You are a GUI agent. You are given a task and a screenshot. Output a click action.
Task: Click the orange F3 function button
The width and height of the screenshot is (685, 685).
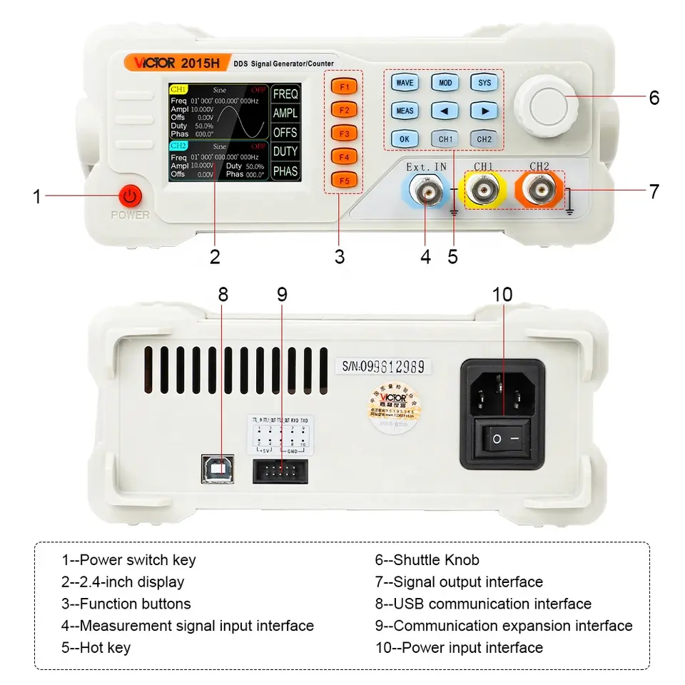(x=343, y=133)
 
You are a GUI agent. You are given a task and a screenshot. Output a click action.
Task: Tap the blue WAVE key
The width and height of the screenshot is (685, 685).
(x=405, y=83)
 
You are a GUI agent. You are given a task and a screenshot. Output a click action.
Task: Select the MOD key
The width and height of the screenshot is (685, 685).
(x=445, y=83)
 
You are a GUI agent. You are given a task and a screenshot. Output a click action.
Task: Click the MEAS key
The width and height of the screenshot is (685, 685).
(x=405, y=111)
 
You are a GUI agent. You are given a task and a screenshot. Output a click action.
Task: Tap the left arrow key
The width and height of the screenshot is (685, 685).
(x=445, y=111)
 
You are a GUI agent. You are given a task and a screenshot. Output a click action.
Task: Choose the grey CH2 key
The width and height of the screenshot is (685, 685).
(x=484, y=138)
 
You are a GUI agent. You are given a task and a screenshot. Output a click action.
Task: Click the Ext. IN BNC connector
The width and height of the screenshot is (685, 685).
(x=426, y=191)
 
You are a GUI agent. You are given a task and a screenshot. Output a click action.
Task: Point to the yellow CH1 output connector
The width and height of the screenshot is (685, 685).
(x=484, y=191)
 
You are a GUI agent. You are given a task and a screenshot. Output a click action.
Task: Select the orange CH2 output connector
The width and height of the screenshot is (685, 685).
(x=539, y=191)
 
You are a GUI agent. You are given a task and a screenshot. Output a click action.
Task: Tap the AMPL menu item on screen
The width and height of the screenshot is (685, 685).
(x=285, y=113)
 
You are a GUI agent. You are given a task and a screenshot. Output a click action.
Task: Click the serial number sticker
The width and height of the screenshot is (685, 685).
(x=384, y=367)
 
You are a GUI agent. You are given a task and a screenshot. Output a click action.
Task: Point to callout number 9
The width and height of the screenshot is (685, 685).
(x=282, y=295)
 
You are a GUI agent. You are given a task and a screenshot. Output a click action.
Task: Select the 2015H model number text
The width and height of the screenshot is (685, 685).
(x=200, y=63)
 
